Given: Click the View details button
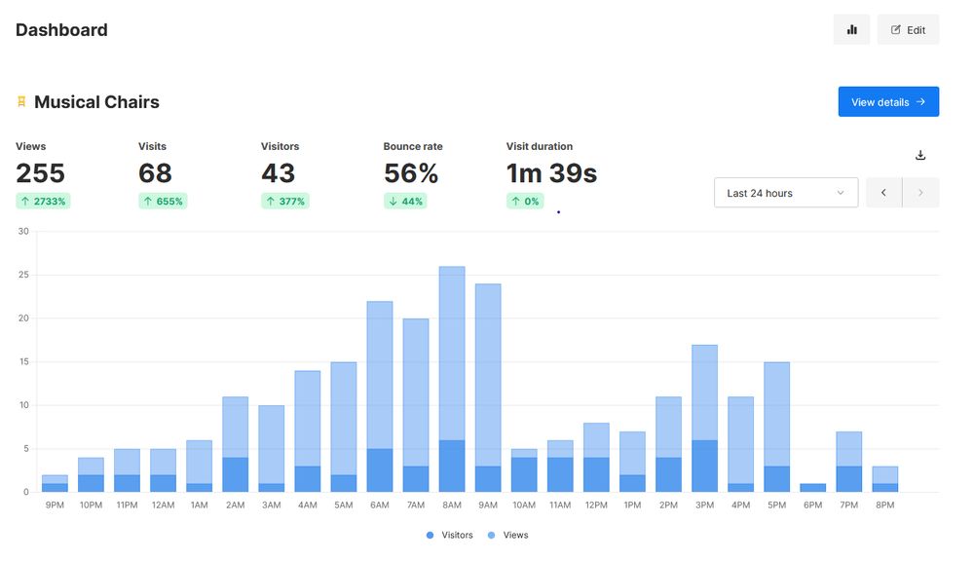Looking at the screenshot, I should tap(888, 102).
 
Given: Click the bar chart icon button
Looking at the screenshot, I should tap(851, 30).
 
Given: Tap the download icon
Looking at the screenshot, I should tap(920, 155).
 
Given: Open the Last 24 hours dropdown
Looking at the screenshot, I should tap(785, 193).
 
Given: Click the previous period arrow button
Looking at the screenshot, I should tap(883, 193).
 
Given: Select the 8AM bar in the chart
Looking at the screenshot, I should tap(452, 380).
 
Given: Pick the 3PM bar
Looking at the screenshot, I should tap(704, 419).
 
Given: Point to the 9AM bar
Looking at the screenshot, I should tap(488, 389).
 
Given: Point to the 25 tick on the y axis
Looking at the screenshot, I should tap(23, 275).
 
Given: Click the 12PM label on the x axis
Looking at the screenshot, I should tap(596, 505).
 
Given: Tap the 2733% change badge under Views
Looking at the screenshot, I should tap(42, 202).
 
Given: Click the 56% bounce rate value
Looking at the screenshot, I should tap(410, 173).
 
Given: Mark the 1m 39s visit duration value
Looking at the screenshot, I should tap(551, 173).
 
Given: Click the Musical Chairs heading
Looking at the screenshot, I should tap(96, 102).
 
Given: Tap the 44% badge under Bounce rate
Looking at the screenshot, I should tap(404, 202).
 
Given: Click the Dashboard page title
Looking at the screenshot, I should tap(61, 30).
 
